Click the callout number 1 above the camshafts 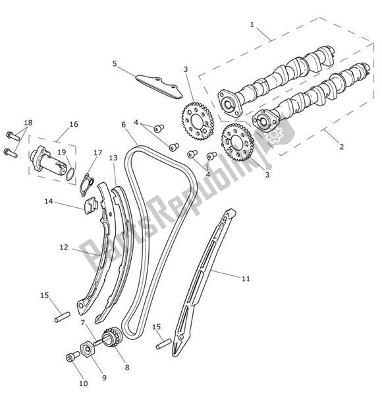[x=252, y=24]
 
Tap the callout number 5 [x=114, y=64]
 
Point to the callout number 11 [x=246, y=279]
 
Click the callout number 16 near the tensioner [x=73, y=124]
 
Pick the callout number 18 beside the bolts [x=27, y=123]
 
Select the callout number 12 [x=64, y=248]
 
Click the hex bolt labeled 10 [x=69, y=358]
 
